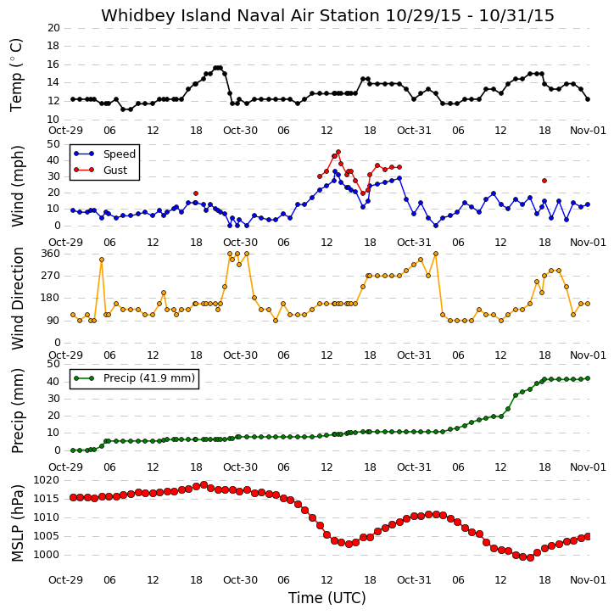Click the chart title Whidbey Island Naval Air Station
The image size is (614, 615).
[x=240, y=15]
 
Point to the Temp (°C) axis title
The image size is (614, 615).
[x=16, y=75]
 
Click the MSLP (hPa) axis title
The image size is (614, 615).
[x=17, y=523]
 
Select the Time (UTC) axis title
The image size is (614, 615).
[x=327, y=598]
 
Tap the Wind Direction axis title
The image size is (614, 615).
[x=17, y=299]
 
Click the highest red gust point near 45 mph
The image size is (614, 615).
[x=338, y=152]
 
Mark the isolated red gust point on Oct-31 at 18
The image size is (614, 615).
[x=544, y=181]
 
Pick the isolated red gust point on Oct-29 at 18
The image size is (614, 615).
[x=196, y=193]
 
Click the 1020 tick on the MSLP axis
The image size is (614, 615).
[x=47, y=480]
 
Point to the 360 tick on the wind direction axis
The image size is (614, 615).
[x=51, y=254]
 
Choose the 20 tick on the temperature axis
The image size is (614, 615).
[x=53, y=28]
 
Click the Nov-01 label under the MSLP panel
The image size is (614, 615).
[x=588, y=579]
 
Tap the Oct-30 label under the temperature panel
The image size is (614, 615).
[x=240, y=131]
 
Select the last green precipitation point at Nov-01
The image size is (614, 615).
[x=588, y=378]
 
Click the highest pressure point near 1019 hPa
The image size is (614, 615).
[x=204, y=485]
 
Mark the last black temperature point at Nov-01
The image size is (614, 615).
[x=588, y=99]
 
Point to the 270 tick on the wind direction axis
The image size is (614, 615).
[x=51, y=276]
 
